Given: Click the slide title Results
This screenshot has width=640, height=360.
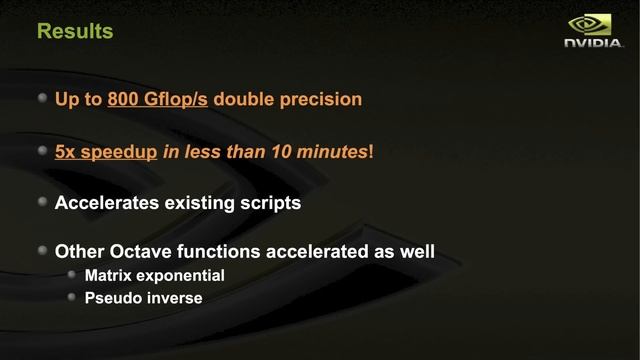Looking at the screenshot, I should pyautogui.click(x=75, y=31).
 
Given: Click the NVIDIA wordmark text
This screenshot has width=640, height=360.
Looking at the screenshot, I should pyautogui.click(x=593, y=45).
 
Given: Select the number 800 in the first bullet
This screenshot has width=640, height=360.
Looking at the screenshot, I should pyautogui.click(x=125, y=100).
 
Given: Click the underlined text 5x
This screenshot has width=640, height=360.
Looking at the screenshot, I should pyautogui.click(x=66, y=152).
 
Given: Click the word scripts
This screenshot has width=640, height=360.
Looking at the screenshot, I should pyautogui.click(x=269, y=204).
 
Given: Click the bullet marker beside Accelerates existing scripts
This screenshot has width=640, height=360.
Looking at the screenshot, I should pyautogui.click(x=41, y=202).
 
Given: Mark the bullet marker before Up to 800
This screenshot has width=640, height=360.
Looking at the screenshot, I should pyautogui.click(x=41, y=99).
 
